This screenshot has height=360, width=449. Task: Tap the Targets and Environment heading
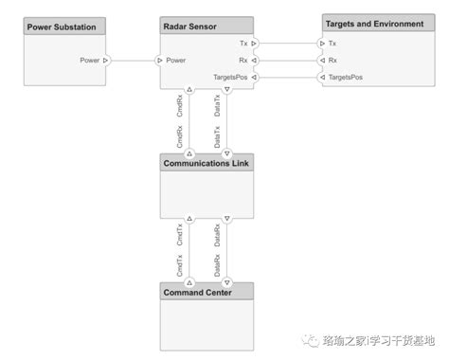pyautogui.click(x=373, y=22)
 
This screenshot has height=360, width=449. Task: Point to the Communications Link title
pyautogui.click(x=207, y=162)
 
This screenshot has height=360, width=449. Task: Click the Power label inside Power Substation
pyautogui.click(x=90, y=60)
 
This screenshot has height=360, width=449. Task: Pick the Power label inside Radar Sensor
pyautogui.click(x=175, y=60)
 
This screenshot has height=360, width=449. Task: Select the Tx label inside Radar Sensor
pyautogui.click(x=242, y=43)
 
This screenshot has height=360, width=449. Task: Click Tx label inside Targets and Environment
pyautogui.click(x=332, y=43)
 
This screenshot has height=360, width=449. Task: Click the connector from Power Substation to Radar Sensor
pyautogui.click(x=133, y=60)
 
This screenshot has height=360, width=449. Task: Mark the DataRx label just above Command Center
pyautogui.click(x=218, y=261)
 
